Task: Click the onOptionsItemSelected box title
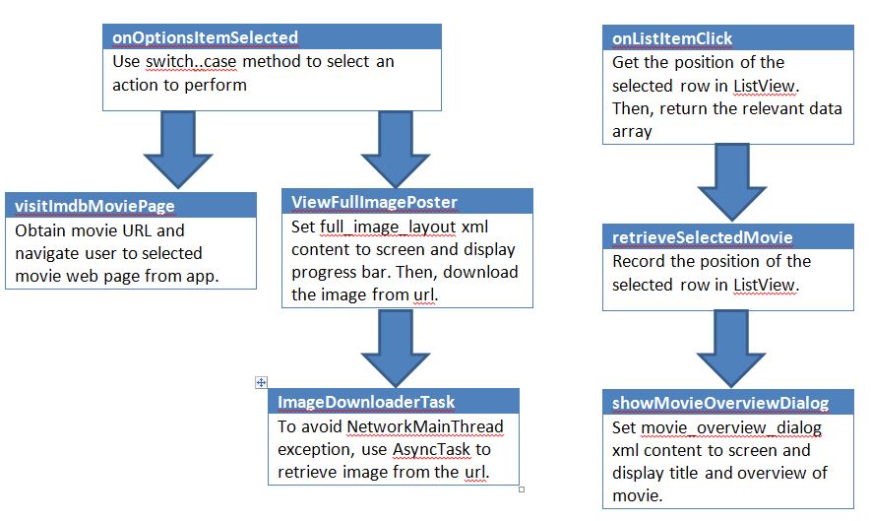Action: coord(205,37)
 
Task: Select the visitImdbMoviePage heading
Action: coord(94,206)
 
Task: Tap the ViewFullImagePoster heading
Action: coord(374,202)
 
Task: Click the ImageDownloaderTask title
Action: coord(366,402)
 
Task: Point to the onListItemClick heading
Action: coord(672,38)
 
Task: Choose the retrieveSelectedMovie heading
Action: coord(702,237)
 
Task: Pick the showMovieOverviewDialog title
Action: coord(720,403)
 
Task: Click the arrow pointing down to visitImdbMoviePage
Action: coord(178,149)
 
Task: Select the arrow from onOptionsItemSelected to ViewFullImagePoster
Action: coord(395,149)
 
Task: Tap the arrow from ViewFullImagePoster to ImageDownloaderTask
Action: coord(395,348)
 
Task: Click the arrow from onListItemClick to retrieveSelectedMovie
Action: coord(731,182)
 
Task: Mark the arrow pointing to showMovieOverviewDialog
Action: coord(731,349)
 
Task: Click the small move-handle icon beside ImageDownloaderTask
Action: coord(261,382)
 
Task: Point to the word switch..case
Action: coord(191,61)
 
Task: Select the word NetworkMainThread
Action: coord(425,426)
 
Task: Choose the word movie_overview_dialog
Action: coord(731,427)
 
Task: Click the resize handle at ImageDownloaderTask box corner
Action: coord(522,489)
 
